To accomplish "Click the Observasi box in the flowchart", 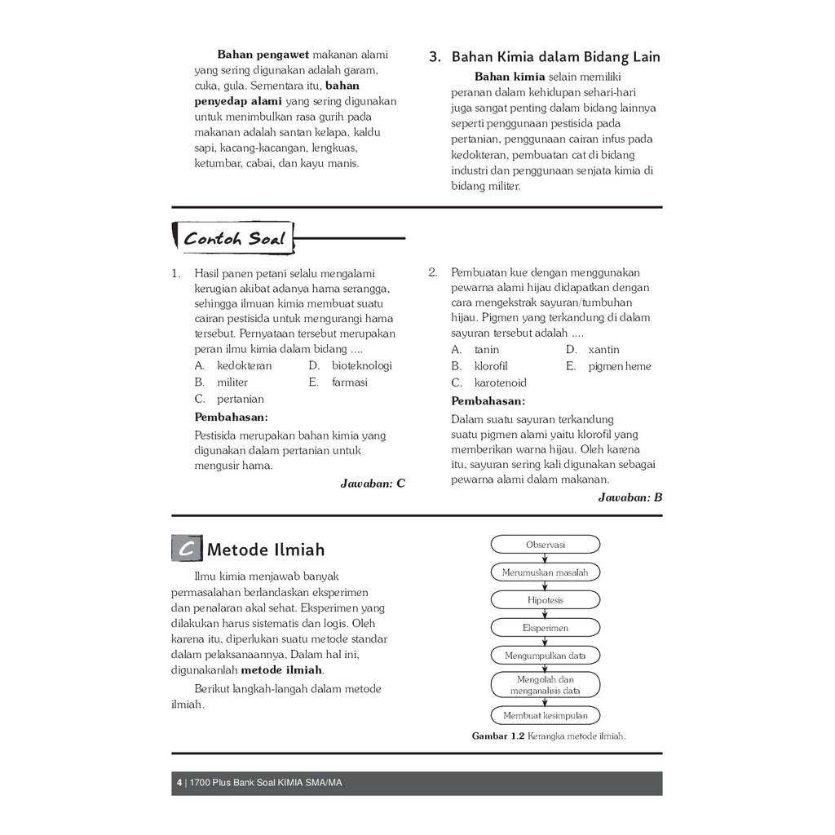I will [545, 545].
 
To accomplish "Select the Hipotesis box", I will [545, 600].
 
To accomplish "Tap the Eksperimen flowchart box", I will [545, 628].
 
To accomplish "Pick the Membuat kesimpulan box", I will [545, 716].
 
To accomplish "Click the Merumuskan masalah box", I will [545, 572].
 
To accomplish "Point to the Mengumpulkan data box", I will [545, 656].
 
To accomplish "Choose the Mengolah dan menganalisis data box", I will [545, 685].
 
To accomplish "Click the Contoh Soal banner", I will [234, 239].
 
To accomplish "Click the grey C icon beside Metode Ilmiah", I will [187, 550].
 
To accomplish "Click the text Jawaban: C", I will [372, 484].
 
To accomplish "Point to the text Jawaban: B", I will [630, 497].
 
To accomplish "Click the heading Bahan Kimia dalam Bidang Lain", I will [555, 57].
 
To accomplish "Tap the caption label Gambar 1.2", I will [497, 736].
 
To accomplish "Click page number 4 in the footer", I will [179, 784].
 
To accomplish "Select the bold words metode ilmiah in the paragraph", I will [282, 670].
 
